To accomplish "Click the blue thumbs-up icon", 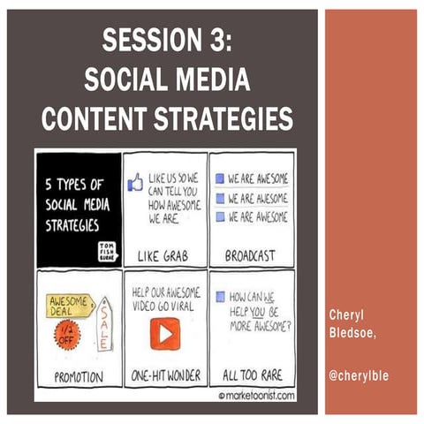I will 136,184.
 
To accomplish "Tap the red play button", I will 163,333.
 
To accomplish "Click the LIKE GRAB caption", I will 165,256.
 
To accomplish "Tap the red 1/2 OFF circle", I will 67,334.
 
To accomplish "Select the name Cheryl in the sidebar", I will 346,315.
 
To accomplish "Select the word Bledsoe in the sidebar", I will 352,331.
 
